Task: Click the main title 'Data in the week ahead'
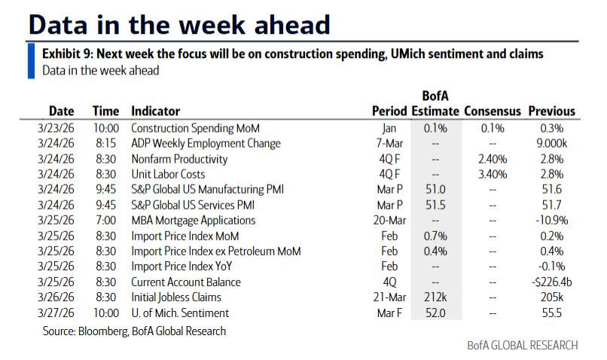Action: point(178,24)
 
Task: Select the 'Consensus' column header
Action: point(493,111)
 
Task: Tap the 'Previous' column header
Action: point(551,111)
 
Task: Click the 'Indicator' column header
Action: point(155,111)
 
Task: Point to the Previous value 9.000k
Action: point(556,143)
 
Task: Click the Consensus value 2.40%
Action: point(493,159)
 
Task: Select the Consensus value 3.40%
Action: point(493,174)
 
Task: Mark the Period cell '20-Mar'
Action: point(389,221)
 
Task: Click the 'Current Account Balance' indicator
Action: point(186,282)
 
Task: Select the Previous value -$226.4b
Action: point(553,282)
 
